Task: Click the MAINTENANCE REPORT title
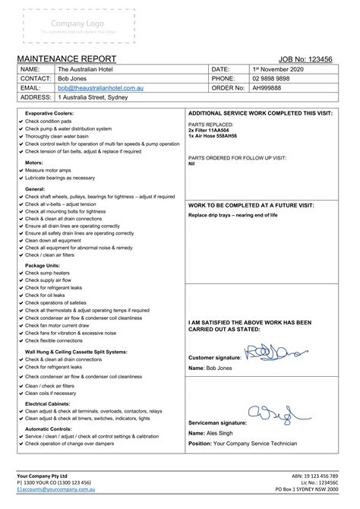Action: click(x=66, y=59)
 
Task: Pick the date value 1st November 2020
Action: click(x=278, y=68)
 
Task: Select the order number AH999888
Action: click(x=266, y=87)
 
